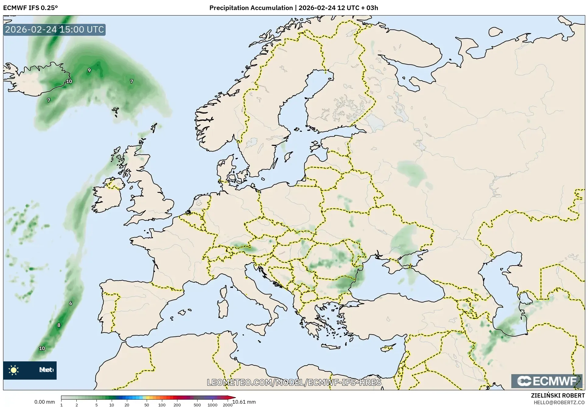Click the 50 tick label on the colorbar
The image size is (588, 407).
pos(147,405)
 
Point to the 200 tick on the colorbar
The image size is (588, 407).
pos(177,405)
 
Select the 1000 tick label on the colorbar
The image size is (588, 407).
pos(212,405)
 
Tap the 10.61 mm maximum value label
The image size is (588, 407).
pos(244,402)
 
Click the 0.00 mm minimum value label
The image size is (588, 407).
pos(44,402)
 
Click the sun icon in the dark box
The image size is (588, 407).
pos(14,370)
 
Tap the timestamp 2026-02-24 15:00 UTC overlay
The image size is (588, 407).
pos(54,30)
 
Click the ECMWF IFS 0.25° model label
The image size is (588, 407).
pos(30,8)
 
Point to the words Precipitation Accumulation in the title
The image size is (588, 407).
pos(251,8)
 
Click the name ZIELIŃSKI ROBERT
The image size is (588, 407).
pos(558,396)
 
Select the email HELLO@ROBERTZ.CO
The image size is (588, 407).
pos(559,402)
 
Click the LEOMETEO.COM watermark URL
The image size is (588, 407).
pos(294,382)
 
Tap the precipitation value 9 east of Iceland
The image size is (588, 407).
pos(89,70)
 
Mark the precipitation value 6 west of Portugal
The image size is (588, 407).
pos(71,303)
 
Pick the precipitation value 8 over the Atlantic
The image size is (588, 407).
pos(59,325)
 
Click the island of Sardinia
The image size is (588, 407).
pos(223,308)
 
